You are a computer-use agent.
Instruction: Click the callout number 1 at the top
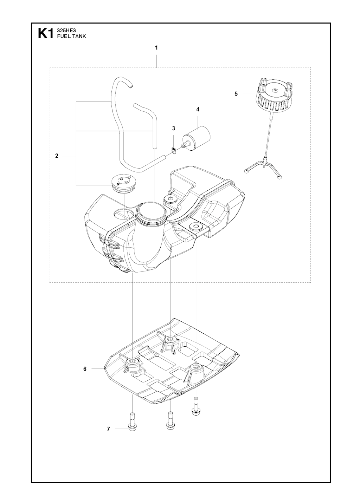tap(156, 48)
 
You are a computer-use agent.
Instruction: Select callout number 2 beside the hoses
tap(57, 156)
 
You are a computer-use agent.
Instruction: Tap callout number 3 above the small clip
tap(173, 129)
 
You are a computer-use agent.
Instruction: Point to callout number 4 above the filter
tap(198, 110)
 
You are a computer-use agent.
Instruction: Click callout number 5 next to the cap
tap(236, 94)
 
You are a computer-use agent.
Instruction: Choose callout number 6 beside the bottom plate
tap(85, 369)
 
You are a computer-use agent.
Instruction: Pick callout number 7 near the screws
tap(108, 429)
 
